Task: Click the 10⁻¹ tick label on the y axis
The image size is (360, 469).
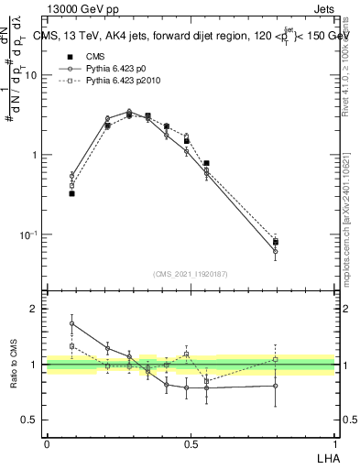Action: coord(29,234)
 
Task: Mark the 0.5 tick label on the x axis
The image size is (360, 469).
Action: coord(191,443)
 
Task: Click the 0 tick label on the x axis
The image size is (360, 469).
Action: coord(47,443)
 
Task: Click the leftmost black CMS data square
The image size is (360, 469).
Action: coord(71,193)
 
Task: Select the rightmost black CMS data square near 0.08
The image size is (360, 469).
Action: coord(276,242)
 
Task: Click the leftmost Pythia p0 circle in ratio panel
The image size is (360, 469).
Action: coord(71,323)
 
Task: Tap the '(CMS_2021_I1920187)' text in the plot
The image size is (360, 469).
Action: coord(191,274)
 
